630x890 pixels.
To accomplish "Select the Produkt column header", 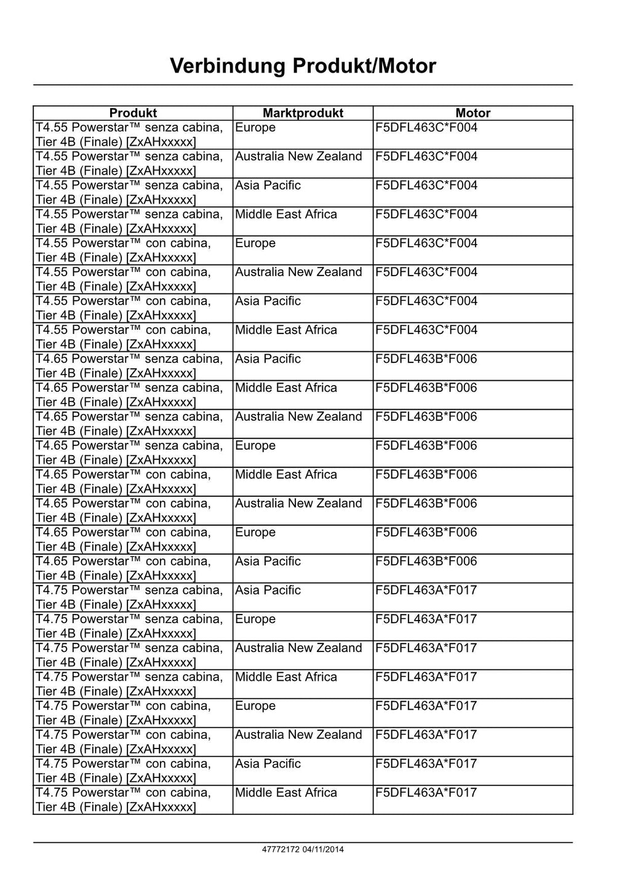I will tap(133, 113).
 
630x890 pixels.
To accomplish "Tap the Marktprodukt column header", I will tap(303, 113).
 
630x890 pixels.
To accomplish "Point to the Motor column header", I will tap(472, 113).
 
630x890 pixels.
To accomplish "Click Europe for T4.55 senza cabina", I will tap(255, 128).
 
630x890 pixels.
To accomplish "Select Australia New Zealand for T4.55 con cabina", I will tap(298, 272).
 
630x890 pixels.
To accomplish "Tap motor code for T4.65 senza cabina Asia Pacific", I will tap(426, 359).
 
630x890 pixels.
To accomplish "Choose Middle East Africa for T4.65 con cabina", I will tap(286, 475).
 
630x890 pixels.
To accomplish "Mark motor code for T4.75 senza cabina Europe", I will tap(426, 619).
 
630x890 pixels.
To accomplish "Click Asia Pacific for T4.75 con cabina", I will tap(268, 764).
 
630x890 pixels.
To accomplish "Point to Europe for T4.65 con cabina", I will tap(255, 533).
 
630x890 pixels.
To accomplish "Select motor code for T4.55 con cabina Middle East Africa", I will tap(426, 330).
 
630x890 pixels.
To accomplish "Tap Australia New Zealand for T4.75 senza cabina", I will tap(298, 648).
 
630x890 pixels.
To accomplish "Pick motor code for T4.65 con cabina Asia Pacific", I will tap(426, 562).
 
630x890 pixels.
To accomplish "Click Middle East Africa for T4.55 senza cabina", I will tap(286, 215).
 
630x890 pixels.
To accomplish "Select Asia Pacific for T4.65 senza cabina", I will tap(268, 359).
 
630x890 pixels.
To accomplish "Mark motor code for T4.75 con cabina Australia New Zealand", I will tap(426, 735).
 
